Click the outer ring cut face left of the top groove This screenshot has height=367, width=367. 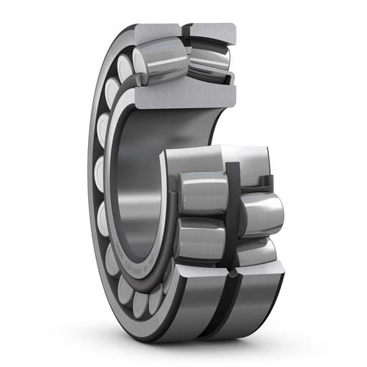(x=153, y=31)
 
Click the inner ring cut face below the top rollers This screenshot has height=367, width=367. (x=183, y=92)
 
